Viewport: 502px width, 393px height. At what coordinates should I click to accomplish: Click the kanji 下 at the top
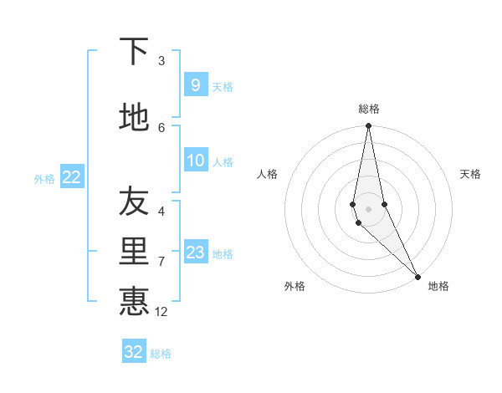coord(134,53)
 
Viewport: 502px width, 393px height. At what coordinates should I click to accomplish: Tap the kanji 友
coord(134,201)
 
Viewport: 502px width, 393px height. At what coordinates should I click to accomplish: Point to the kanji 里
coord(134,250)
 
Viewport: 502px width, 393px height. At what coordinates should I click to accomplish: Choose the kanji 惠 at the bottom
coord(134,301)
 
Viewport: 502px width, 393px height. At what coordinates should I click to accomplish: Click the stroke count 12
coord(161,312)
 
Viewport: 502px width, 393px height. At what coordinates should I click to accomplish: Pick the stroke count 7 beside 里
coord(161,261)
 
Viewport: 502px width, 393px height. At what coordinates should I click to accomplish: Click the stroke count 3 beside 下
coord(161,61)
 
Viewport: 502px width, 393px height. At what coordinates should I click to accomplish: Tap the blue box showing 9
coord(195,84)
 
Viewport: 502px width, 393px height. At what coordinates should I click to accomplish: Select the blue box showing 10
coord(195,161)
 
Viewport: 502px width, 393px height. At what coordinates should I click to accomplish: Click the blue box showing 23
coord(195,253)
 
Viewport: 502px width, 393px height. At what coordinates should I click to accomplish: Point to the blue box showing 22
coord(71,176)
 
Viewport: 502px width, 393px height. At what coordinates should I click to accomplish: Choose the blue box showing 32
coord(134,352)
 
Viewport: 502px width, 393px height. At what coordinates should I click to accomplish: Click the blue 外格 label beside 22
coord(44,178)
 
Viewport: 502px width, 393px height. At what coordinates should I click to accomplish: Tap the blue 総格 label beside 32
coord(161,354)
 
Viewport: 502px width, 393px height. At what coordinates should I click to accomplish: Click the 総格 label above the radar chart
coord(368,109)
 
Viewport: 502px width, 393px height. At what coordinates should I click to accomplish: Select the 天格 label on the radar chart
coord(470,174)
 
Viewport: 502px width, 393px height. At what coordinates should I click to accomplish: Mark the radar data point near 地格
coord(417,276)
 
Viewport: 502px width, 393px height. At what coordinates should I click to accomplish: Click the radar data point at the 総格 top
coord(368,126)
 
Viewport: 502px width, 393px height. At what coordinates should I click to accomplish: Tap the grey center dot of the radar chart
coord(368,207)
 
